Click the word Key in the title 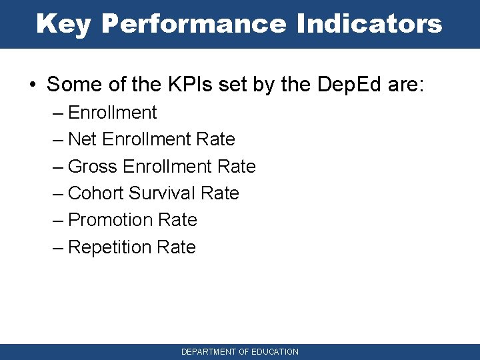[x=64, y=24]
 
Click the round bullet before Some [x=33, y=85]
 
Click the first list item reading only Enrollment [x=112, y=113]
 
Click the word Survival [x=162, y=193]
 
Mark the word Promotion [x=110, y=220]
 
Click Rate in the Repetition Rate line [x=176, y=247]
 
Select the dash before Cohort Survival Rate [x=58, y=193]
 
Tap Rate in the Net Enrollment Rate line [x=216, y=139]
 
